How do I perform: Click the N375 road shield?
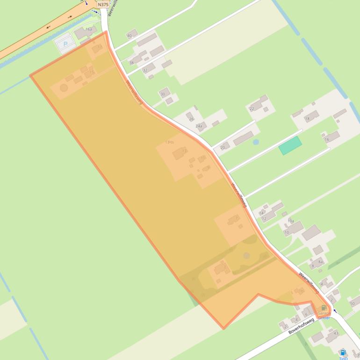click(x=103, y=4)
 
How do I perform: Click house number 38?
click(x=131, y=62)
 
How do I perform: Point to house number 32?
click(x=145, y=71)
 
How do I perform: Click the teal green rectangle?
click(x=290, y=145)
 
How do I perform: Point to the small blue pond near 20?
click(x=256, y=142)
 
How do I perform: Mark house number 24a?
click(x=199, y=126)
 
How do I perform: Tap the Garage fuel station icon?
click(x=324, y=308)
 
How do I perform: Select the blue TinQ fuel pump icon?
click(x=343, y=353)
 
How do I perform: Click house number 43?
click(x=336, y=333)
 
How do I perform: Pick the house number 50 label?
click(x=352, y=303)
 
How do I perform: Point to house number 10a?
click(x=291, y=221)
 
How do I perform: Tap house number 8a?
click(x=320, y=262)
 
